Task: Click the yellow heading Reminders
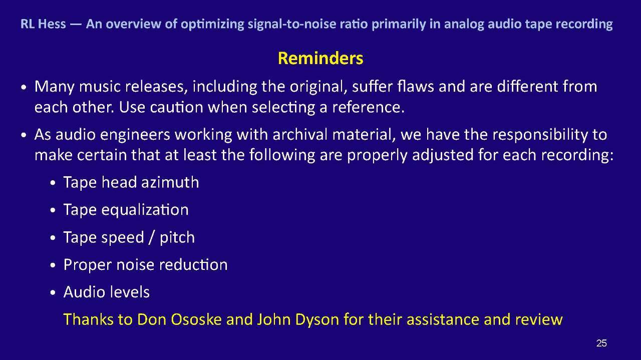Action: click(320, 58)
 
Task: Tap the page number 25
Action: click(601, 343)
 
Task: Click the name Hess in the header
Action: click(52, 24)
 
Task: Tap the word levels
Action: click(130, 292)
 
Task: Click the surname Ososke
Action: click(196, 319)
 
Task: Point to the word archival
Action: click(300, 135)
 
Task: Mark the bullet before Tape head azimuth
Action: click(53, 183)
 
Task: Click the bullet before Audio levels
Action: click(53, 293)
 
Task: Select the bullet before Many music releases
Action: click(24, 87)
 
